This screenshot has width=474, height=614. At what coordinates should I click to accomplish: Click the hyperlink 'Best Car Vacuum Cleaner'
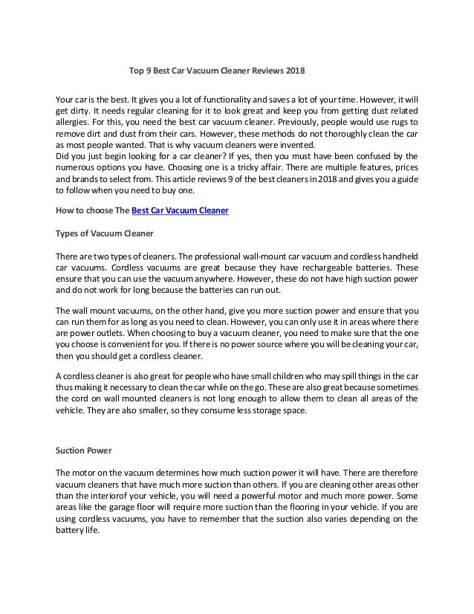pyautogui.click(x=180, y=211)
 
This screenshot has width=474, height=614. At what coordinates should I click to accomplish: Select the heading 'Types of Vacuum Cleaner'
pyautogui.click(x=105, y=233)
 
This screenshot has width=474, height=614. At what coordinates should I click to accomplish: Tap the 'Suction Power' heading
pyautogui.click(x=83, y=450)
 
